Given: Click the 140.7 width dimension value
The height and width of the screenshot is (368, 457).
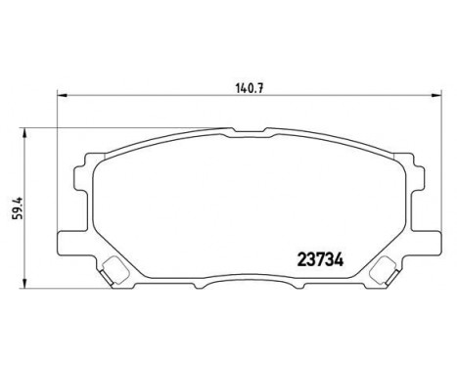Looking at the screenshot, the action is (249, 87).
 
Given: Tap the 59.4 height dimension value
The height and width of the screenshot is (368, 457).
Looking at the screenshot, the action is (18, 207).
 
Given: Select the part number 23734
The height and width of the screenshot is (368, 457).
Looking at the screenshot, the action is (320, 260).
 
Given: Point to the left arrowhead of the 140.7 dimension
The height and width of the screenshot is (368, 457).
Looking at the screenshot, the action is (62, 95).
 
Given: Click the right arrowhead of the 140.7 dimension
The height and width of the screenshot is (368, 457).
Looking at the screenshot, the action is (436, 95).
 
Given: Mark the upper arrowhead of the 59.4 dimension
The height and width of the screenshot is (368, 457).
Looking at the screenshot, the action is (23, 133).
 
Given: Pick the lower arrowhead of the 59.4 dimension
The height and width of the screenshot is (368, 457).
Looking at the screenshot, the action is (23, 283).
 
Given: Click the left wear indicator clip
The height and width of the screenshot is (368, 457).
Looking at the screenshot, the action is (114, 270).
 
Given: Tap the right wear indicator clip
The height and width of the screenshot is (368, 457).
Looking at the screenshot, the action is (386, 270).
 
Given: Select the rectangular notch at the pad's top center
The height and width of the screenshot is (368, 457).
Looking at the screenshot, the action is (249, 130).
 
